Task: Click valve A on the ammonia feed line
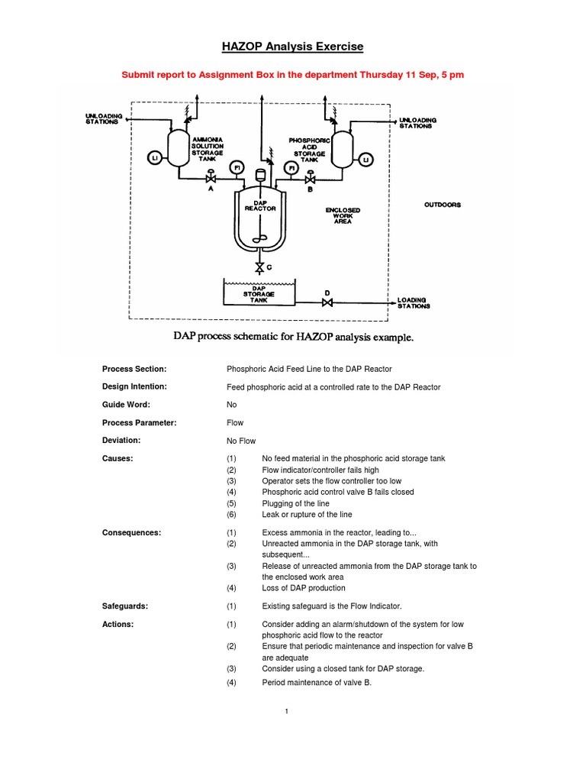pyautogui.click(x=211, y=179)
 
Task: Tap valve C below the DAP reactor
pyautogui.click(x=259, y=267)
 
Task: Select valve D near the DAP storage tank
pyautogui.click(x=327, y=303)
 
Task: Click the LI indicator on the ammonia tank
pyautogui.click(x=155, y=157)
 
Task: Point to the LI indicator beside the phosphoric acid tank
pyautogui.click(x=365, y=159)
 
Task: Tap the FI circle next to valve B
pyautogui.click(x=289, y=168)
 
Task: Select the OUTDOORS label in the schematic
pyautogui.click(x=443, y=205)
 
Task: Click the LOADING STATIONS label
pyautogui.click(x=414, y=303)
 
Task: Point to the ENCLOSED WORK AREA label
pyautogui.click(x=343, y=215)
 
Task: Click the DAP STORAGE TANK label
pyautogui.click(x=259, y=294)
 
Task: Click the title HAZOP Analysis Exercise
pyautogui.click(x=293, y=47)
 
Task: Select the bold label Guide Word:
pyautogui.click(x=126, y=404)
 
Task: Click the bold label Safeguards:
pyautogui.click(x=125, y=606)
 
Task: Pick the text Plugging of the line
pyautogui.click(x=301, y=504)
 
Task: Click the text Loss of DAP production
pyautogui.click(x=304, y=588)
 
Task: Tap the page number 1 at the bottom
pyautogui.click(x=286, y=712)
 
